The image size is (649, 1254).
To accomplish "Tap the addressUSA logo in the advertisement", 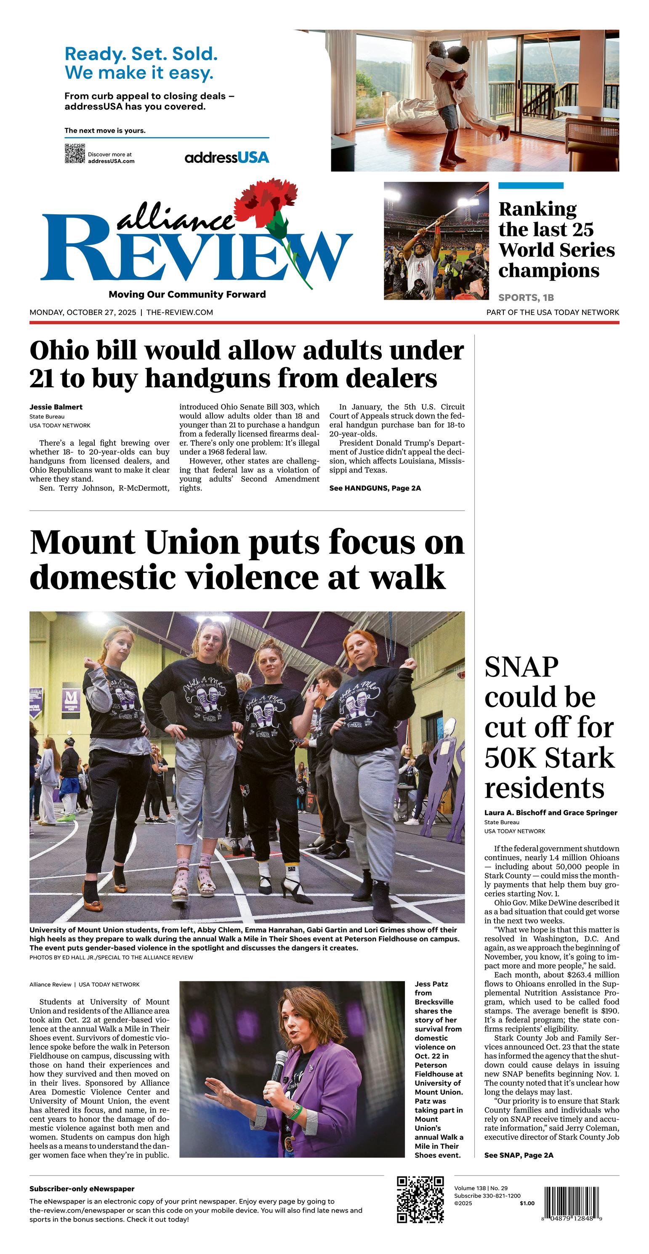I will pyautogui.click(x=226, y=157).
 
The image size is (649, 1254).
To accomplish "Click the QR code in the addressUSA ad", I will pyautogui.click(x=74, y=154).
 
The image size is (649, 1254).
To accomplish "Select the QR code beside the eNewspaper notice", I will pyautogui.click(x=420, y=1199).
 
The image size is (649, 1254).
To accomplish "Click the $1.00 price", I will pyautogui.click(x=527, y=1203).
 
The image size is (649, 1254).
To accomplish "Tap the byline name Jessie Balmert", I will pyautogui.click(x=56, y=407).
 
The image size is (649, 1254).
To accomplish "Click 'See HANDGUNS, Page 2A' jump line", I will pyautogui.click(x=375, y=488).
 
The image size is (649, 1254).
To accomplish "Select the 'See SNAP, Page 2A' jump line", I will pyautogui.click(x=519, y=1155).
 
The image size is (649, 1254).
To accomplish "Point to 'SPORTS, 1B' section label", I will pyautogui.click(x=526, y=298).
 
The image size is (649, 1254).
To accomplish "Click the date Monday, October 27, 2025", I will pyautogui.click(x=83, y=312).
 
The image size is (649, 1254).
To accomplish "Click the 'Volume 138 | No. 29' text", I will pyautogui.click(x=481, y=1188).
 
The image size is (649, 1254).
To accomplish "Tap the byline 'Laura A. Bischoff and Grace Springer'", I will pyautogui.click(x=550, y=812).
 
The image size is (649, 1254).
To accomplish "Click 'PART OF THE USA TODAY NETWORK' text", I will pyautogui.click(x=553, y=312).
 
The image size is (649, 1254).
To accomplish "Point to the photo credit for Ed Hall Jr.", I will pyautogui.click(x=111, y=958).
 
